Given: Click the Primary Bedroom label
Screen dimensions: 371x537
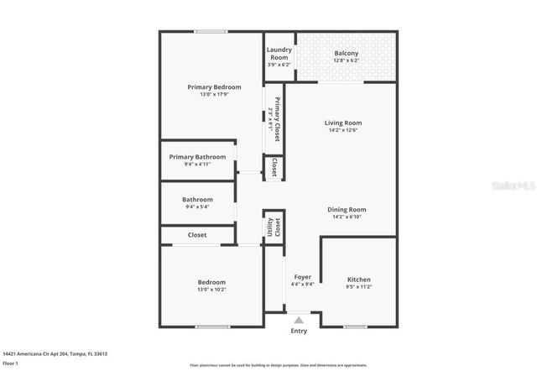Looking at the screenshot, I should pos(214,87).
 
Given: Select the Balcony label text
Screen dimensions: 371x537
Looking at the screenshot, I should pos(346,54).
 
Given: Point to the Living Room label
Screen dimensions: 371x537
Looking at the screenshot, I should pos(343,123).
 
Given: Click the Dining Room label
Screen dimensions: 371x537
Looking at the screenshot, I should pos(347,209).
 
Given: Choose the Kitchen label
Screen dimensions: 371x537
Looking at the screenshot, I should pos(359,280).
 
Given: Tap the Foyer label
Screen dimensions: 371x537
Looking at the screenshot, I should pos(302,277).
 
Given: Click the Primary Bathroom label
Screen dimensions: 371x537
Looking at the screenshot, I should pos(197,157).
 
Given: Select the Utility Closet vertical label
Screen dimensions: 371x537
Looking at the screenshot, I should pos(274,227).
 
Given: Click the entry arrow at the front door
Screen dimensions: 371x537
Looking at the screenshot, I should pos(298,319).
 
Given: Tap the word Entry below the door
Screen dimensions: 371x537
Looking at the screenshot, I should pos(299,331).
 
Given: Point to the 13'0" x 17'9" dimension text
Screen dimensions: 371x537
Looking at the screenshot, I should pos(214,95).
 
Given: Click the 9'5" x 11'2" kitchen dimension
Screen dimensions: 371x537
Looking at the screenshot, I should pos(359,287).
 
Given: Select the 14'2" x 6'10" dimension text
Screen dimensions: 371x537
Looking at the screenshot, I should pos(347,217).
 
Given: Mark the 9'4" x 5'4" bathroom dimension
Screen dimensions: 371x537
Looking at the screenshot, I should pos(197,206).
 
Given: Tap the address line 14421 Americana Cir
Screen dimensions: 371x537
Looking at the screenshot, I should pos(55,353).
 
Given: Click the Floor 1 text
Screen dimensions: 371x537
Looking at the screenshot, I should pos(11,363).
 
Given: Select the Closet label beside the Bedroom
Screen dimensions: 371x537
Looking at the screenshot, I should pos(197,235).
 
